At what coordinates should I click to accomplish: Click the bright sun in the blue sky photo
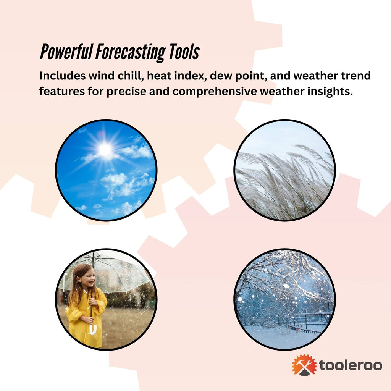tap(105, 150)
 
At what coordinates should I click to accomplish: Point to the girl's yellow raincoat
tap(84, 321)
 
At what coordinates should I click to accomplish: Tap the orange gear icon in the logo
tap(304, 365)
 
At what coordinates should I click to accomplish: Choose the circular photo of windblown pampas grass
tap(284, 170)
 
